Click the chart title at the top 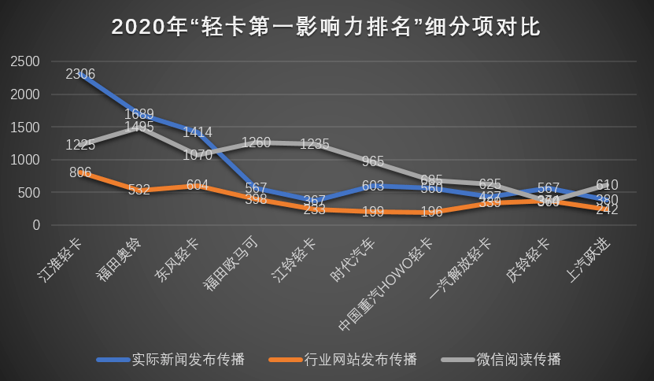click(327, 28)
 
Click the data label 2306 click(80, 75)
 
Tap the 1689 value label click(139, 114)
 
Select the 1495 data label click(139, 128)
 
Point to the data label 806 click(80, 172)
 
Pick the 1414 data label click(197, 132)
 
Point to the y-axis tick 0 click(36, 225)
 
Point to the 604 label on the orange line click(197, 186)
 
